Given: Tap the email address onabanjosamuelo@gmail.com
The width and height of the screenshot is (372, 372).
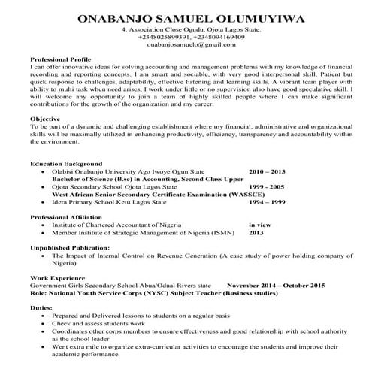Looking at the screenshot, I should pyautogui.click(x=186, y=45).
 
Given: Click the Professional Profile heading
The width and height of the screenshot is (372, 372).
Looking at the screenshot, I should pyautogui.click(x=61, y=59).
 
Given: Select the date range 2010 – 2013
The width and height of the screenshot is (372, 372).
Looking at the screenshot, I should pyautogui.click(x=266, y=171).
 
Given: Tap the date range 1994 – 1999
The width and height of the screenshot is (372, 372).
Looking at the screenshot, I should pyautogui.click(x=266, y=202).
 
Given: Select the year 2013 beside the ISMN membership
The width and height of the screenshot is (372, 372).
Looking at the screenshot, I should pyautogui.click(x=256, y=232).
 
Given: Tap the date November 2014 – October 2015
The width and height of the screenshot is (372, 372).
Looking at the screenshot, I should pyautogui.click(x=275, y=286).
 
